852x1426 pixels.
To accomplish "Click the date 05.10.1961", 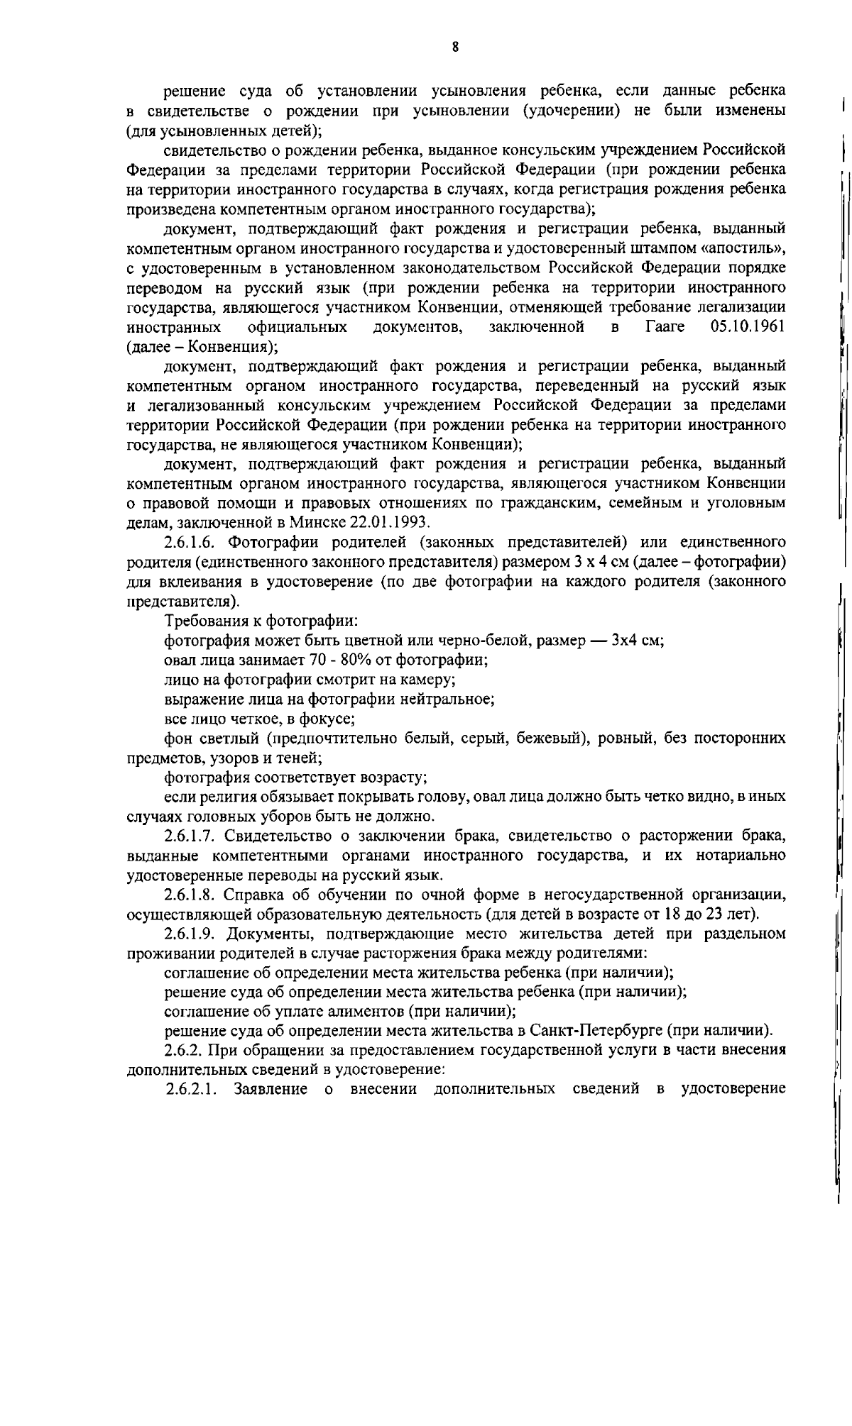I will (747, 327).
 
